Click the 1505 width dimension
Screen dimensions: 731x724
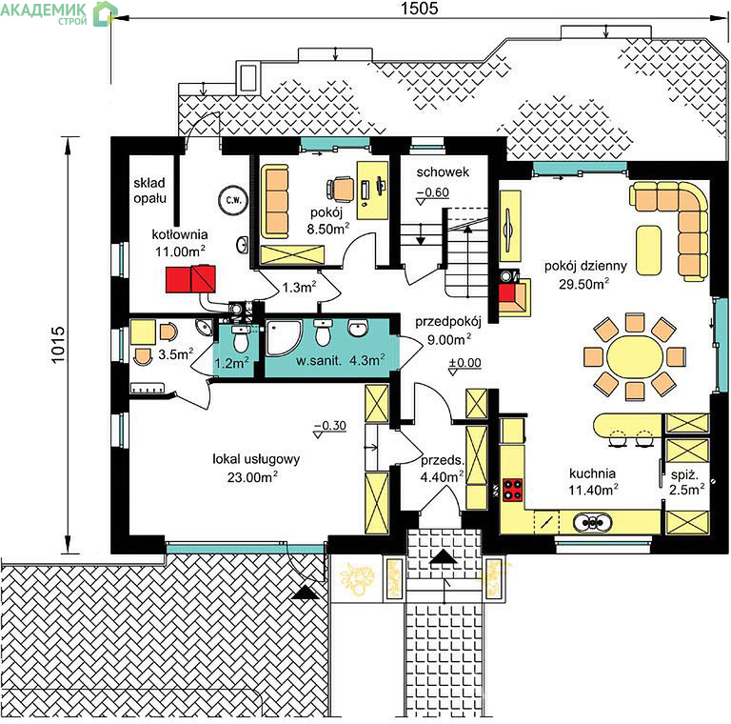pos(420,8)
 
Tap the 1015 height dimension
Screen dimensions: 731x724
pos(58,345)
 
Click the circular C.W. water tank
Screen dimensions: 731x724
pos(233,200)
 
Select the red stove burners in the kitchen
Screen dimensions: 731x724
pos(512,490)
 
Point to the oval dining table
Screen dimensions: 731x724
pos(634,357)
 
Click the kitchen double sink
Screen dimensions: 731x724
pos(592,522)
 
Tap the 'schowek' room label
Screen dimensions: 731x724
pos(443,172)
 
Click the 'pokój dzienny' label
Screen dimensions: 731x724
pos(585,267)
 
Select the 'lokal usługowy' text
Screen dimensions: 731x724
pos(256,459)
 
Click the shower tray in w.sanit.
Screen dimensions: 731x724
pos(285,337)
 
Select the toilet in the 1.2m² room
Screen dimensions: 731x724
pos(241,339)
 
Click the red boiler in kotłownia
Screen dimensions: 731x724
pos(190,278)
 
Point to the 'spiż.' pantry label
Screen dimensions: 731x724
pos(684,475)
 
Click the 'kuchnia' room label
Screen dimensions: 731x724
pos(592,473)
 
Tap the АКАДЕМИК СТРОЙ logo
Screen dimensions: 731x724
pos(58,13)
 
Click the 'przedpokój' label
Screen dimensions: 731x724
pos(448,322)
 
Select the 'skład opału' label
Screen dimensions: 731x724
pos(149,191)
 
